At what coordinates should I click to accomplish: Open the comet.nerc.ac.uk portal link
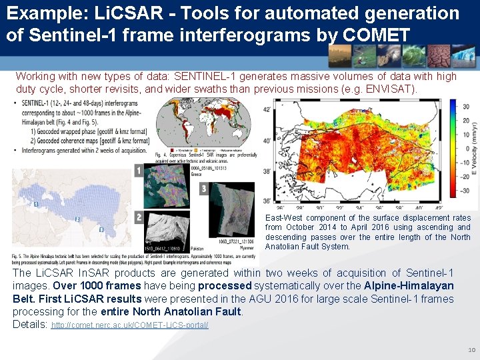pos(130,325)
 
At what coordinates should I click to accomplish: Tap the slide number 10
pos(471,349)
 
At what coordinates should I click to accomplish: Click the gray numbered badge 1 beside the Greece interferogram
pos(138,171)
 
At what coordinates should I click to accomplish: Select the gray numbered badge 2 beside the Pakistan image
pos(138,217)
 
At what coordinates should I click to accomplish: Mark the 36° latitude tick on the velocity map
pos(267,201)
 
